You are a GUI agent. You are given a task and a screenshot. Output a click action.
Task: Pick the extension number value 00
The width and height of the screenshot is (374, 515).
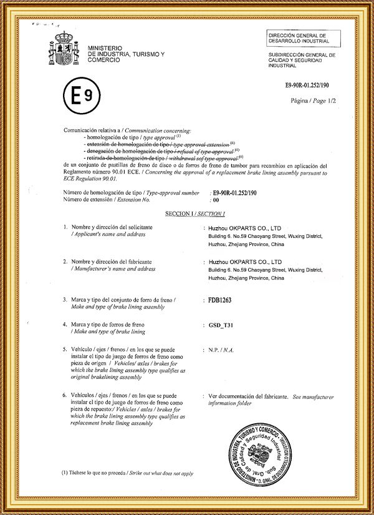[x=216, y=200]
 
